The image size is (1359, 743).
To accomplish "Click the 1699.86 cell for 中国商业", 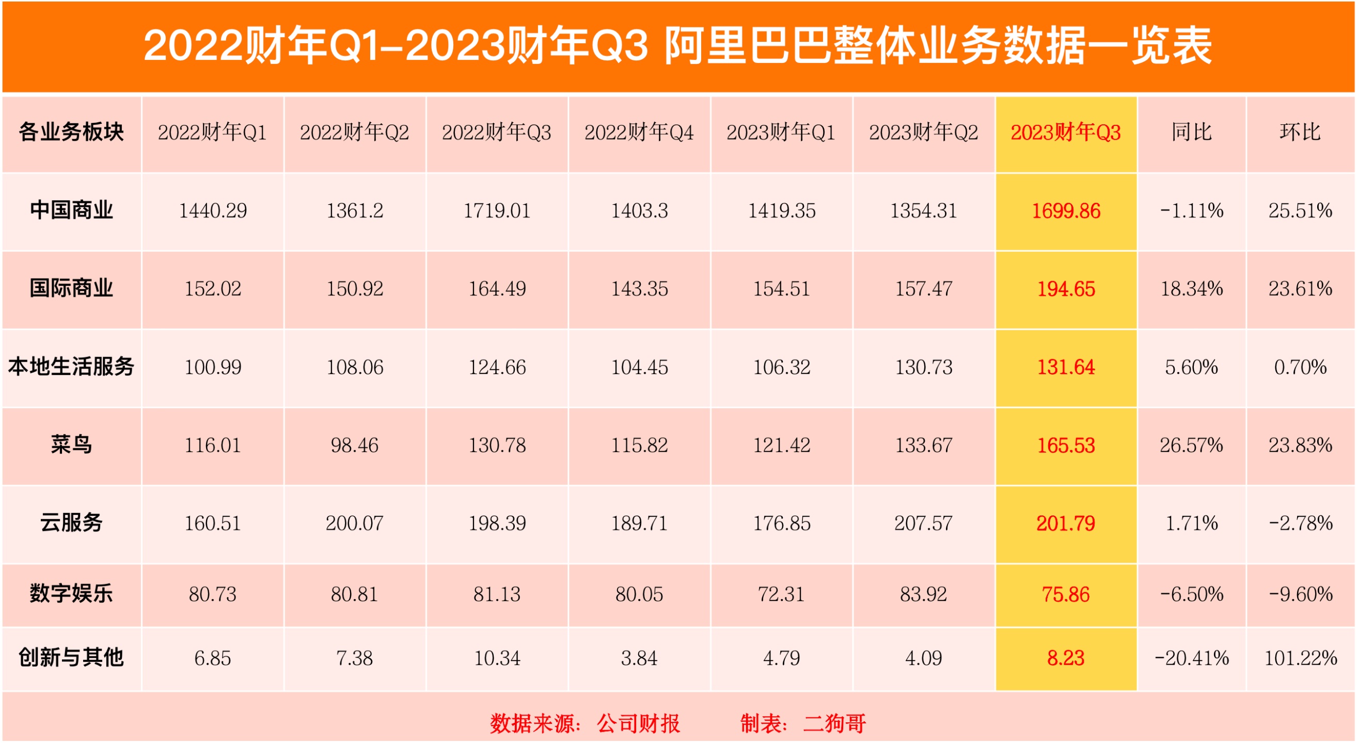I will [x=1065, y=211].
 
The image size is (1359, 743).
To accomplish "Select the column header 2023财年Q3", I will [x=1065, y=133].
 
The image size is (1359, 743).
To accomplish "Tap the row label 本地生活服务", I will [x=71, y=366].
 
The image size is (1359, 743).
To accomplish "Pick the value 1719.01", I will [x=496, y=211].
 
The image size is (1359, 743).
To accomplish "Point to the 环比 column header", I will [x=1300, y=133].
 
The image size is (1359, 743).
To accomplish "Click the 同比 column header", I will [x=1191, y=133].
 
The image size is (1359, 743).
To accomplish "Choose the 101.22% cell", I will [x=1301, y=658].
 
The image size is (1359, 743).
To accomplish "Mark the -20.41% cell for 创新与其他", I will [x=1191, y=658].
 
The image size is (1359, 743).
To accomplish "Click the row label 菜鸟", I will [x=71, y=445].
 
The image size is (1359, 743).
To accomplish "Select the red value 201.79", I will [x=1065, y=523].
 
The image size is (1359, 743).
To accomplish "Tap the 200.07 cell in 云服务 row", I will [x=355, y=523].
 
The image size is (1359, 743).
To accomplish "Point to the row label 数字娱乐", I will [x=71, y=594].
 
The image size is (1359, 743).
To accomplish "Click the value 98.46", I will [x=355, y=445].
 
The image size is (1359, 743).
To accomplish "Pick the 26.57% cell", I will [x=1191, y=445].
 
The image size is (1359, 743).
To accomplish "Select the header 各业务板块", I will [x=71, y=133].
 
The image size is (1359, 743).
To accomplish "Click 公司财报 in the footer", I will [x=638, y=723].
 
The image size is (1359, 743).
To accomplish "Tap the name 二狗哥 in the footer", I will [x=834, y=723].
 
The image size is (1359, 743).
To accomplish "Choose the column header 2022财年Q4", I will [x=639, y=133].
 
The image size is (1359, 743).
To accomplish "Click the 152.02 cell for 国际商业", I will [x=213, y=288].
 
